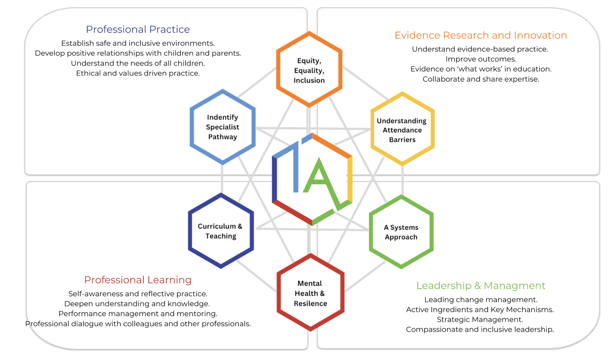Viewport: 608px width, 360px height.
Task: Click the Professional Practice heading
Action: point(138,29)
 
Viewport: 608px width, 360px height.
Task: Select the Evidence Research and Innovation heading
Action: point(481,35)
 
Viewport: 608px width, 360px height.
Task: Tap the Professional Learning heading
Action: point(138,280)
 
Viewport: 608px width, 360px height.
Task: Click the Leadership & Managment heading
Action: point(481,285)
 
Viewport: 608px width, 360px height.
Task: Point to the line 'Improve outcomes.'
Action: point(481,59)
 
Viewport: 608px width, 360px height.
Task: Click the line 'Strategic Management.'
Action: point(480,320)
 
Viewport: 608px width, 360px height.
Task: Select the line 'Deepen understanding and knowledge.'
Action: point(137,304)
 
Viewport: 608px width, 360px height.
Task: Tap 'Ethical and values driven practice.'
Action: point(138,73)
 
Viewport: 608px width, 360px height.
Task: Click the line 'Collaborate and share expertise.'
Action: point(481,79)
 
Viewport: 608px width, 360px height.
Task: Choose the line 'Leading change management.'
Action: point(481,300)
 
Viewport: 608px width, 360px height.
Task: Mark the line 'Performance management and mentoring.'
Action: point(138,313)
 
